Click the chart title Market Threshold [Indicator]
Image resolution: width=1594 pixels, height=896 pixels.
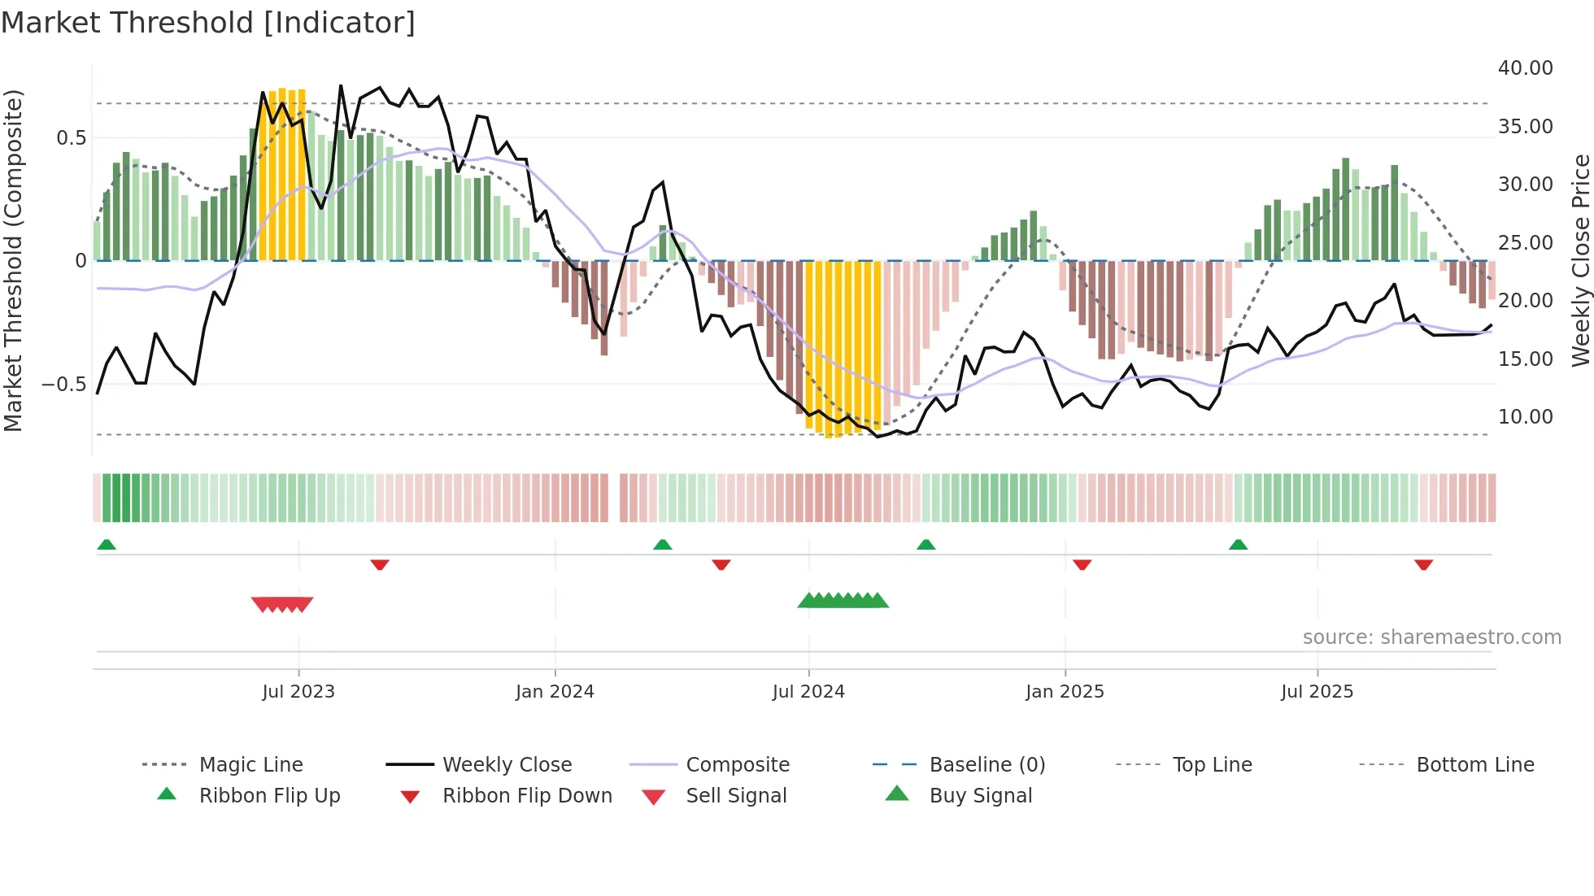coord(208,23)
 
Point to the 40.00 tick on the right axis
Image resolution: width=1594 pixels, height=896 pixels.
coord(1525,68)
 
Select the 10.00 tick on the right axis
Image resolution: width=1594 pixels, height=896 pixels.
coord(1525,417)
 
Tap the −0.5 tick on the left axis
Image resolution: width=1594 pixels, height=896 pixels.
coord(63,384)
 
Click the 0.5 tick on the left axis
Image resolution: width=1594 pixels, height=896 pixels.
coord(71,138)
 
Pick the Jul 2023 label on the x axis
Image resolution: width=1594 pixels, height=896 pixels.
coord(298,692)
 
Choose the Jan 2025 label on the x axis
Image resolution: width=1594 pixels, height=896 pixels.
coord(1065,692)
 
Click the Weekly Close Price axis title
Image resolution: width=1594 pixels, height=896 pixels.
coord(1580,260)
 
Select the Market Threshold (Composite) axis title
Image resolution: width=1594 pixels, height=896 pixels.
coord(13,260)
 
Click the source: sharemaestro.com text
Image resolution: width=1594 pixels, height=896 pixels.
coord(1431,637)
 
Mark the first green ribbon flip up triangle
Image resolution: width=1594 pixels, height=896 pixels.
coord(107,545)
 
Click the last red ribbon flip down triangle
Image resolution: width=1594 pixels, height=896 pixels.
coord(1423,564)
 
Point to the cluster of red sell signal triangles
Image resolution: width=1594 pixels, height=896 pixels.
coord(282,604)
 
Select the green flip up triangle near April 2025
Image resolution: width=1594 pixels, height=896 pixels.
coord(1238,545)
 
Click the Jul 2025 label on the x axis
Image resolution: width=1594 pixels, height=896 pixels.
coord(1317,692)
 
